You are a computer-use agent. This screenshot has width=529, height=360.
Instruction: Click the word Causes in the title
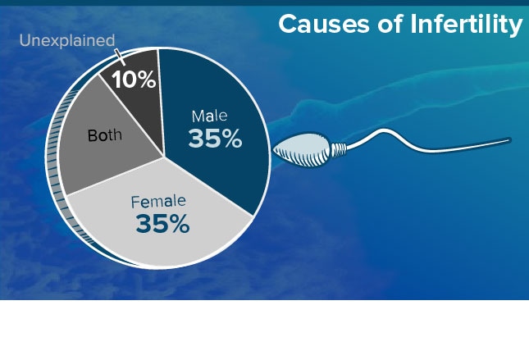coord(324,25)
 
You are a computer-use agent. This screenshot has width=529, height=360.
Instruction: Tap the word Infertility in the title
coord(466,25)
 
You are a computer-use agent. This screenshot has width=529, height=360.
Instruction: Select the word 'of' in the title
coord(390,25)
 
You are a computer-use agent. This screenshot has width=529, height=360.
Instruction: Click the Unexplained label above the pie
coord(67,40)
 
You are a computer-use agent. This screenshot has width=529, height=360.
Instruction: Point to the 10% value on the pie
coord(134,80)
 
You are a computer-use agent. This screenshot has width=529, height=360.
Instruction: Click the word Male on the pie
coord(209,116)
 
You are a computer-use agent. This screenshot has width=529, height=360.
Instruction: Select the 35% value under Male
coord(215,139)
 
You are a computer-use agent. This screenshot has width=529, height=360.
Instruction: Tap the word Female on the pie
coord(158,202)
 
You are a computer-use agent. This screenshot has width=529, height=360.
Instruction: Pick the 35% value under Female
coord(162,223)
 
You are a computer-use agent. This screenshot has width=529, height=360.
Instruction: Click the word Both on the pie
coord(105,135)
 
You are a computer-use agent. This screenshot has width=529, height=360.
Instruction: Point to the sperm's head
coord(301,150)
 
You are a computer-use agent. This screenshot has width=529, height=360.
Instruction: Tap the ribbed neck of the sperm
coord(339,150)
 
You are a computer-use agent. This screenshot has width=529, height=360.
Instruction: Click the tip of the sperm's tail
coord(509,139)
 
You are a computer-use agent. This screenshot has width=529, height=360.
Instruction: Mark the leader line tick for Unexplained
coord(120,57)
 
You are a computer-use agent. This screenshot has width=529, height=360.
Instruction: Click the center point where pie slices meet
coord(164,157)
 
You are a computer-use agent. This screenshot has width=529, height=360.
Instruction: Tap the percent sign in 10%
coord(146,80)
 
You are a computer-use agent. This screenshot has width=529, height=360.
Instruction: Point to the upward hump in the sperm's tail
coord(383,130)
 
